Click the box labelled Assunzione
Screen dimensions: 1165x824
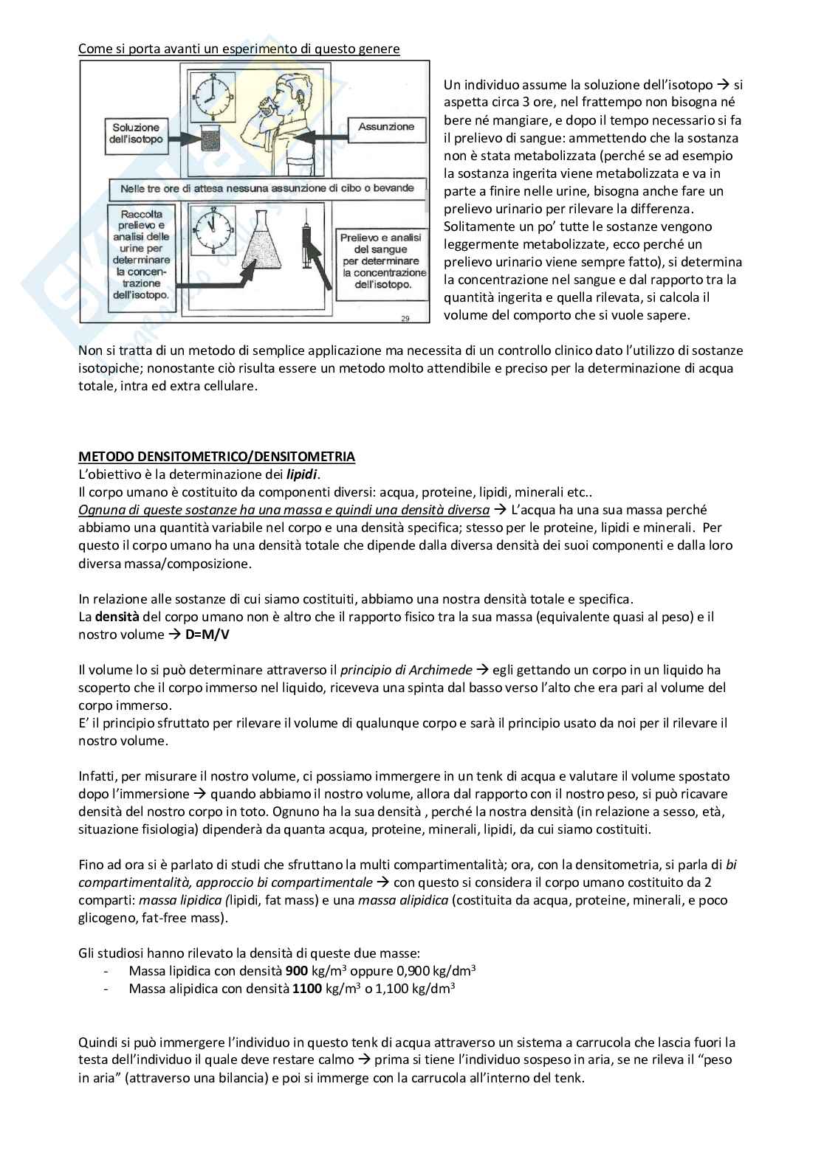pyautogui.click(x=385, y=127)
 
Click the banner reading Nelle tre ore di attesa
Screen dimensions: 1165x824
pyautogui.click(x=267, y=189)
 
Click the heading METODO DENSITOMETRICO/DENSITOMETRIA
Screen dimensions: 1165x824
pyautogui.click(x=216, y=457)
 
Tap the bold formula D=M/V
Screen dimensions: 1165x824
pyautogui.click(x=209, y=635)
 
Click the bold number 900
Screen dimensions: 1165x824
pyautogui.click(x=296, y=971)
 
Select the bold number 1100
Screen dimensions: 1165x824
pyautogui.click(x=306, y=989)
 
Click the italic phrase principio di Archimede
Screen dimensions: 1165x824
pyautogui.click(x=405, y=670)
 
